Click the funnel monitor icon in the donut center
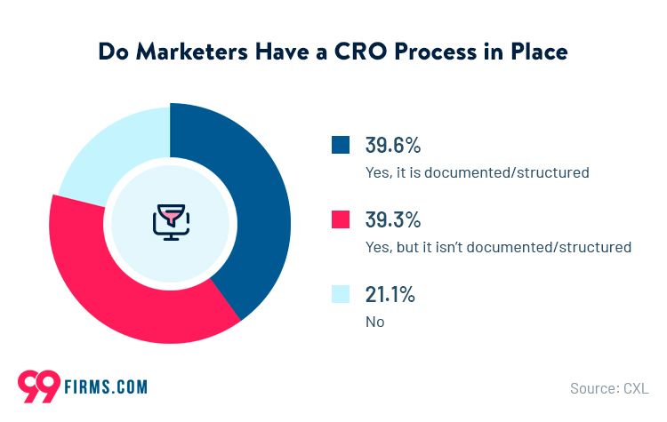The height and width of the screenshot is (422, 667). point(170,222)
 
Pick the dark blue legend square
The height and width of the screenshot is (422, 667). point(340,145)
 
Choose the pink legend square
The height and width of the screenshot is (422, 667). point(340,219)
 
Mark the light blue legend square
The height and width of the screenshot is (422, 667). point(340,294)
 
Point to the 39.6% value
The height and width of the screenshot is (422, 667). point(392,146)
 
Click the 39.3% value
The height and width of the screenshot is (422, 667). point(392,220)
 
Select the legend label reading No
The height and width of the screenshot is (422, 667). point(374,322)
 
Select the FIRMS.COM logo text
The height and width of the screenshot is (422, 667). point(106,386)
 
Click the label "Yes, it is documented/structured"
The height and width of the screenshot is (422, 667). point(477,172)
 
